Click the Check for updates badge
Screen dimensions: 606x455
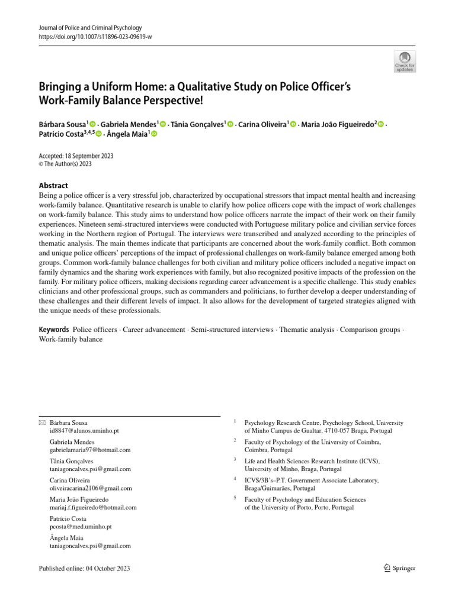404,62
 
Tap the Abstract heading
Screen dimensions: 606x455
53,185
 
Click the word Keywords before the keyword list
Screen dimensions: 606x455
53,330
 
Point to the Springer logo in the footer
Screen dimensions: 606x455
399,568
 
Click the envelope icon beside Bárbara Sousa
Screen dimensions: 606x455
41,423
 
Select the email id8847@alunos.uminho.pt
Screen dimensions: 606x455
85,431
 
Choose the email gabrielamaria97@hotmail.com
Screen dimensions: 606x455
90,450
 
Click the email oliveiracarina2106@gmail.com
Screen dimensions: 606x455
91,488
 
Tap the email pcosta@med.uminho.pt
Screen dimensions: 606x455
81,526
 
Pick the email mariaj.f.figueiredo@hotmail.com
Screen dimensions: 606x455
94,507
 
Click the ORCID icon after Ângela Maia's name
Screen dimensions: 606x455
154,135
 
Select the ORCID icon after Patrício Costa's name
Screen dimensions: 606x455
99,135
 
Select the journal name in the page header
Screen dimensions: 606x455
90,27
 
